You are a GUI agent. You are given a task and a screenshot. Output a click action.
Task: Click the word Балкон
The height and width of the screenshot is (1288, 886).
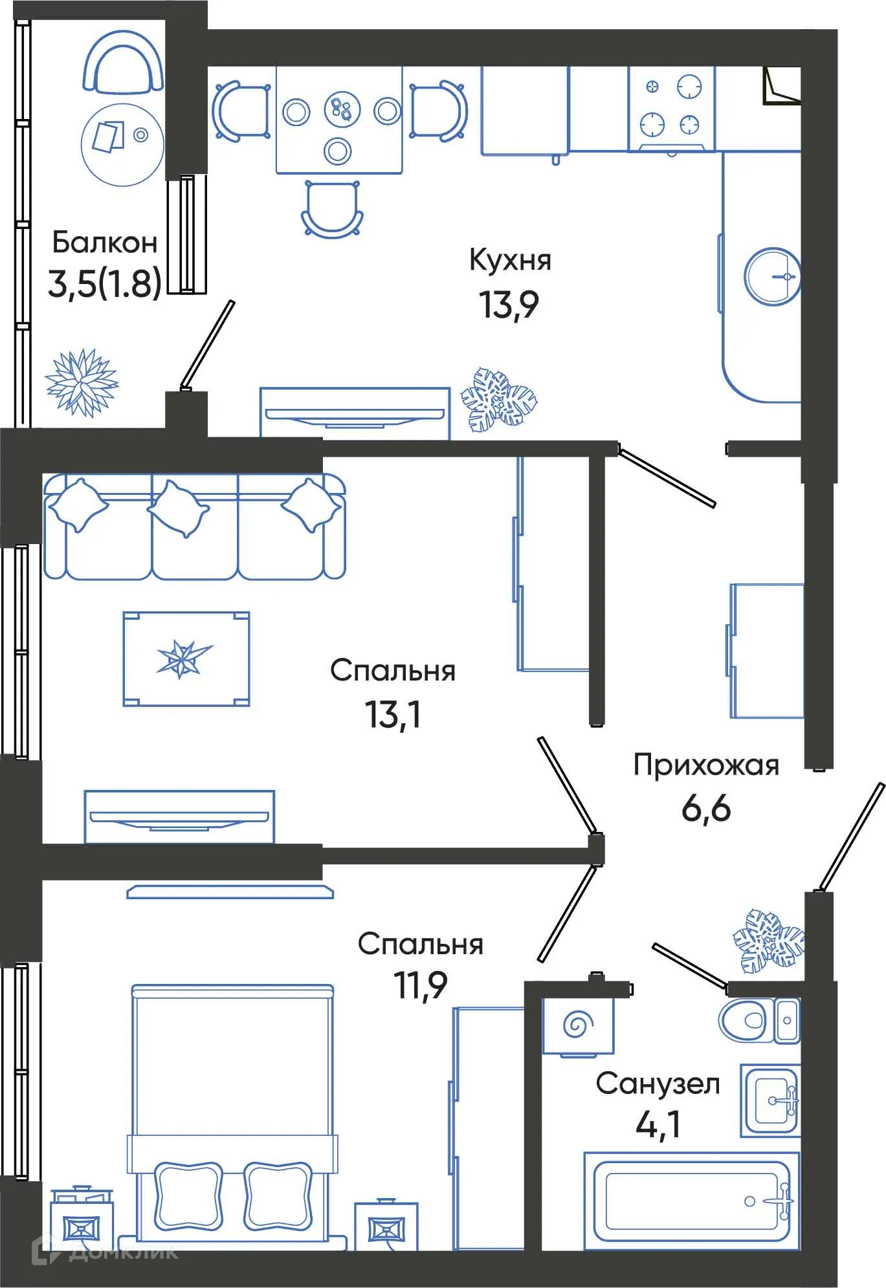(x=104, y=243)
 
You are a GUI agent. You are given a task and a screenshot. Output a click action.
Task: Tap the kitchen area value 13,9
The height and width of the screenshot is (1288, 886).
(x=508, y=304)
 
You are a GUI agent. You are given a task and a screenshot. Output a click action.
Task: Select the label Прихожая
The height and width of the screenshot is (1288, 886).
(x=705, y=765)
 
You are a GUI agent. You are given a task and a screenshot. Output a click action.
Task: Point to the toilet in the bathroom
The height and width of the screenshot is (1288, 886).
(x=751, y=1020)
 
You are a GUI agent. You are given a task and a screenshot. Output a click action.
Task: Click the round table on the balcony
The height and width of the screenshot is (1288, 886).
(x=122, y=144)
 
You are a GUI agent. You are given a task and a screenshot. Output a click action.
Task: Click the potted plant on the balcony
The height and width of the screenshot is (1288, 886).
(x=82, y=382)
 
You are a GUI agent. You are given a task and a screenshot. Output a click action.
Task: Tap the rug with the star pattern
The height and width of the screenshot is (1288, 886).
(x=186, y=659)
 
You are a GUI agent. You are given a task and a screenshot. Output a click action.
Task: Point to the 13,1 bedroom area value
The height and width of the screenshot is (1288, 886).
(x=392, y=714)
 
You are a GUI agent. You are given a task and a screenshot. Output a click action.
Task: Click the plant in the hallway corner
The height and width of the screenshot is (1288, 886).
(x=769, y=941)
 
